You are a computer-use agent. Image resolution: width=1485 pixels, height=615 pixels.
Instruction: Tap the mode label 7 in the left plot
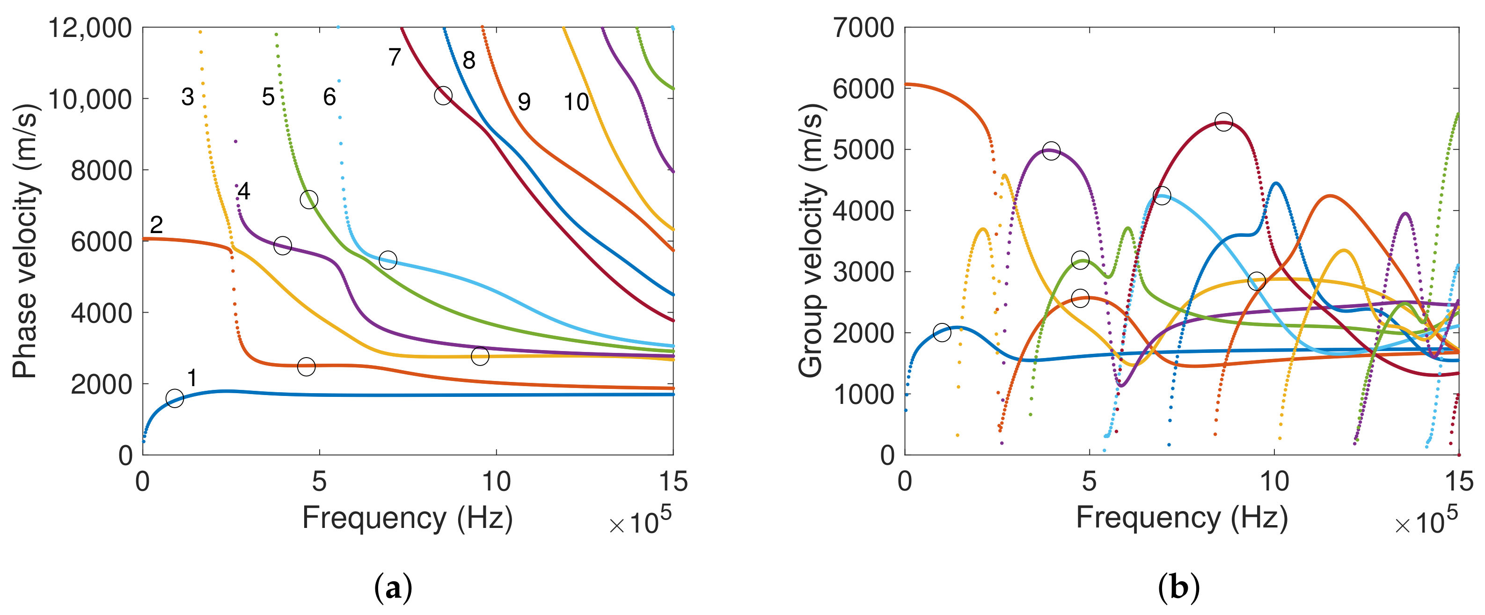point(395,57)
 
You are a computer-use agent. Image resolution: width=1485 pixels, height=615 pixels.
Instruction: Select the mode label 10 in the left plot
point(576,102)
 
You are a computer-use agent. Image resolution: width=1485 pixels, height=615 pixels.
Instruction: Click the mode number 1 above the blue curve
point(192,378)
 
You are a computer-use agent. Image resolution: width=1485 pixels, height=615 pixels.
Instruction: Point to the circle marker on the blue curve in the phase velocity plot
point(175,398)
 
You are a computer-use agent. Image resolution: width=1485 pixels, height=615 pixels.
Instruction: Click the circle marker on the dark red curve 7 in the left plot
point(443,95)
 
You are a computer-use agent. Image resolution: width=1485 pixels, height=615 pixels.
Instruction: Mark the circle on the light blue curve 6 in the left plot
point(388,260)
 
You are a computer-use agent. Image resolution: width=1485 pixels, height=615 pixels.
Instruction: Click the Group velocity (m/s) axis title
point(811,241)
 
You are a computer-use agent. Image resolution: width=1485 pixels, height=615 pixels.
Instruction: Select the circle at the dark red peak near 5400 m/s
point(1223,122)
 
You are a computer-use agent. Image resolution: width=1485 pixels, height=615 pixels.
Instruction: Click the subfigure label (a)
point(393,588)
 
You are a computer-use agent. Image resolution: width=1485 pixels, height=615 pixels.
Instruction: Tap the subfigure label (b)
point(1178,588)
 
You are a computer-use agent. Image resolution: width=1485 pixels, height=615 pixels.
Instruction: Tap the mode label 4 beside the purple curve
point(244,191)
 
